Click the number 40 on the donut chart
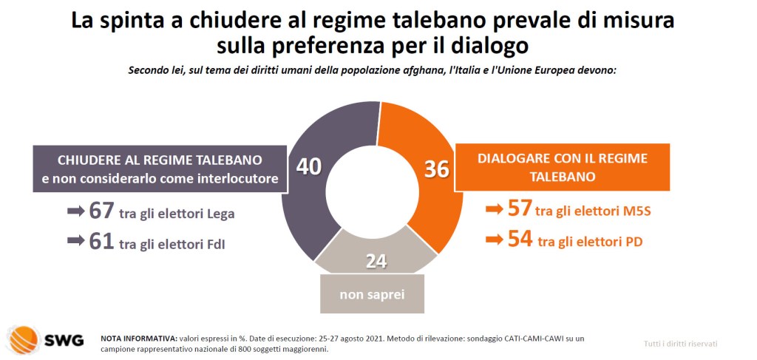[x=308, y=166]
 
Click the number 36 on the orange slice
[x=437, y=169]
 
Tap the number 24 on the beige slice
[x=376, y=261]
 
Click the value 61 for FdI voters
[x=101, y=241]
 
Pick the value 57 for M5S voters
[x=519, y=209]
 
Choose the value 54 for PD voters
[x=520, y=240]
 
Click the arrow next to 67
[x=75, y=211]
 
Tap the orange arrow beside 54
[x=494, y=240]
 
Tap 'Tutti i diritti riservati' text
[x=680, y=344]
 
